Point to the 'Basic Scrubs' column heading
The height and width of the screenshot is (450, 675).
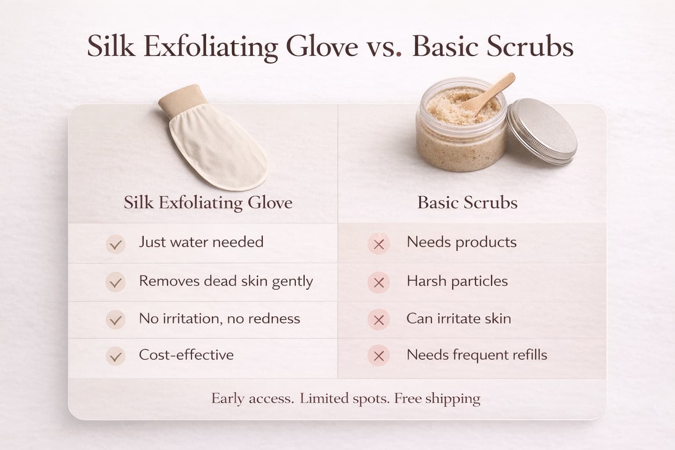468,202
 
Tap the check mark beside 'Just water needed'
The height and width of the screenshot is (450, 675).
116,244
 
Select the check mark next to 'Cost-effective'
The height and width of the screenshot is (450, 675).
116,356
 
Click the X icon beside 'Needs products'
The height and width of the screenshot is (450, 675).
379,244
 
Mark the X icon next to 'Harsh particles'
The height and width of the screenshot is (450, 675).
379,283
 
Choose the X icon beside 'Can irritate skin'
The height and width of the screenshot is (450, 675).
379,319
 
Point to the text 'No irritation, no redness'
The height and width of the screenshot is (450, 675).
220,319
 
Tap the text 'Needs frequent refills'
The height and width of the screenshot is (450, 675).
477,355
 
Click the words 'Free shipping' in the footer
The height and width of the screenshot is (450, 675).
437,399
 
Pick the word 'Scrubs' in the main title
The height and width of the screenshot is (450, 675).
530,46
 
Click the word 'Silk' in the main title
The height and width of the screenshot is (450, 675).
111,46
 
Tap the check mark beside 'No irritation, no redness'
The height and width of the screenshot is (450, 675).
116,319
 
